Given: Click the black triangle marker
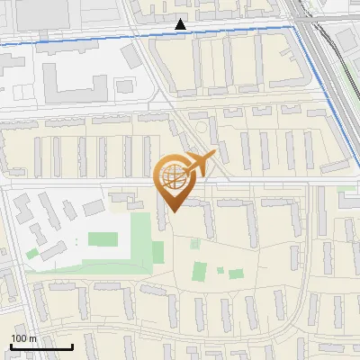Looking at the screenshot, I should (x=181, y=24).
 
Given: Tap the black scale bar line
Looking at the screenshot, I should (x=41, y=346).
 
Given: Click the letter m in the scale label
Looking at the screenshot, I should (x=33, y=338).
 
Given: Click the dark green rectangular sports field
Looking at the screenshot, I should (x=102, y=240).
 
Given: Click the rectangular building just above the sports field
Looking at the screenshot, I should (x=93, y=208).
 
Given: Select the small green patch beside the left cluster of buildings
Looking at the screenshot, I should (x=32, y=254).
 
